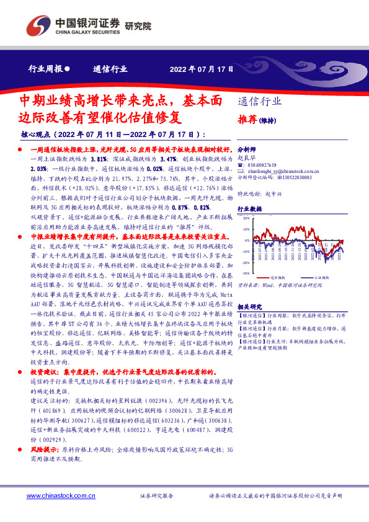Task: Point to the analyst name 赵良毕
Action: pos(247,158)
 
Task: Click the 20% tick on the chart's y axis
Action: pos(246,219)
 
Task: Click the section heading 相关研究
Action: pos(249,306)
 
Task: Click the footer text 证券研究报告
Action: pos(156,497)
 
